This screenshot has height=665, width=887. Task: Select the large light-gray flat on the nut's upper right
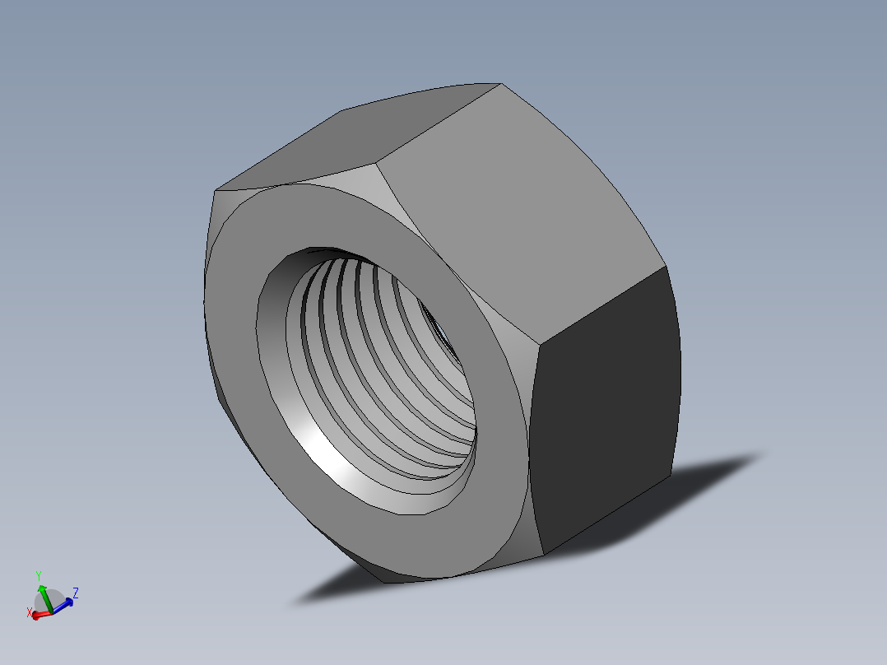518,206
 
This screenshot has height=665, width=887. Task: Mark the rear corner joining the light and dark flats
665,266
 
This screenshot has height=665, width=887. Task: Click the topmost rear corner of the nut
501,83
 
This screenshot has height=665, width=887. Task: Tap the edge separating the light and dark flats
601,305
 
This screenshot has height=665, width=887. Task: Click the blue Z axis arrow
65,603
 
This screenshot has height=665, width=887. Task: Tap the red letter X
30,612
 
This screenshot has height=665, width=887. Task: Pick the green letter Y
39,574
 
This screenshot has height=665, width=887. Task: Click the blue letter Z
76,592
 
